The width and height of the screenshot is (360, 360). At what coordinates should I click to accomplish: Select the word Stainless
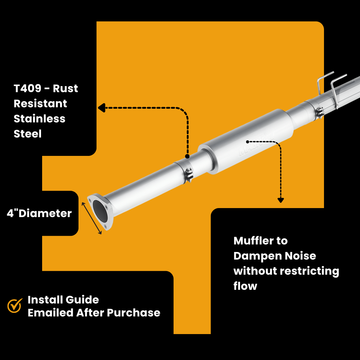[39, 119]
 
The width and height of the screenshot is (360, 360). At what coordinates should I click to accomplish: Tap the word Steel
[27, 134]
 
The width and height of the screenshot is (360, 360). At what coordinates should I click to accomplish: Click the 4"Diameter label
[39, 213]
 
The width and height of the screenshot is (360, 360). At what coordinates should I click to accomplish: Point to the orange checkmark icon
[15, 306]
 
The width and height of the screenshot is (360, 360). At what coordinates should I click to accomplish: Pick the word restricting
[309, 271]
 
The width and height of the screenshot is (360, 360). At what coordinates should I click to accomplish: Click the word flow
[245, 287]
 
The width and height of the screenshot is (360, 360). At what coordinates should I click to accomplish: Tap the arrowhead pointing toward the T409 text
[101, 108]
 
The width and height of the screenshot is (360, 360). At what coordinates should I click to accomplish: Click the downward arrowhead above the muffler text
[280, 200]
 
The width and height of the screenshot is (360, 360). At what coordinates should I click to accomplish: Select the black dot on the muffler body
[248, 141]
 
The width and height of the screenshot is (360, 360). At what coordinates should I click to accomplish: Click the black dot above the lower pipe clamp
[187, 156]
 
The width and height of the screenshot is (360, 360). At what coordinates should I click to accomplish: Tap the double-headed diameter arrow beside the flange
[92, 218]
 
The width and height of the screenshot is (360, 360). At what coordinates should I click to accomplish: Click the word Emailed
[50, 313]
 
